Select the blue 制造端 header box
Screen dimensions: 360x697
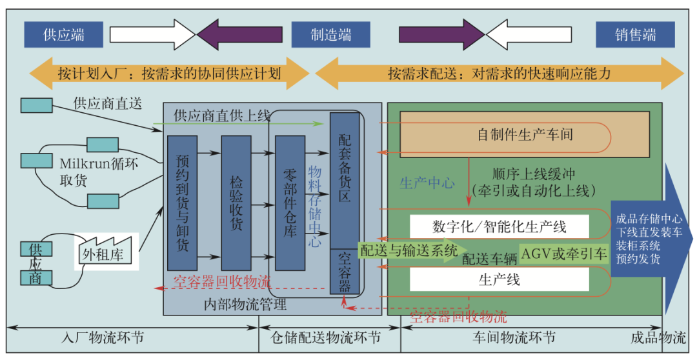point(331,34)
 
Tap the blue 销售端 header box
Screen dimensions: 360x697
point(635,34)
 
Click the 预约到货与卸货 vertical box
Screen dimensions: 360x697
point(181,203)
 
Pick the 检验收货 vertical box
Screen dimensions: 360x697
point(236,203)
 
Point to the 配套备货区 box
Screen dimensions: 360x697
point(345,181)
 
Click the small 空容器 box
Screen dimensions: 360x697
point(345,271)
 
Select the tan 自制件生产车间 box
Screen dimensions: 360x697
point(525,135)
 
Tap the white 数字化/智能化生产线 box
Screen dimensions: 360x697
point(500,227)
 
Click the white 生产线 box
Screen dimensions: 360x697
point(500,279)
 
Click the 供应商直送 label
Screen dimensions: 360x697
point(107,102)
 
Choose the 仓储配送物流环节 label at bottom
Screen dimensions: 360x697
point(330,337)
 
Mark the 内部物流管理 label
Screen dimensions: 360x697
point(245,304)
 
